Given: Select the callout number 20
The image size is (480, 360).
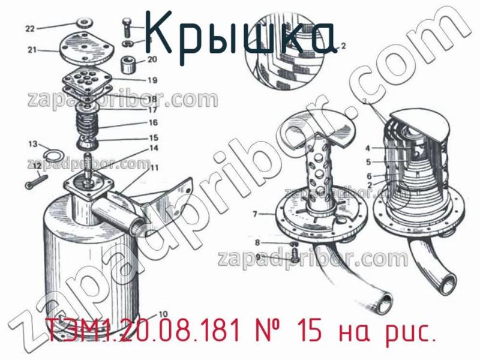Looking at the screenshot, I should pyautogui.click(x=152, y=59).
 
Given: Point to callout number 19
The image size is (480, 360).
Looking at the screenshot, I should pyautogui.click(x=152, y=80).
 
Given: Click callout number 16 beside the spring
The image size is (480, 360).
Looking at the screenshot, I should pyautogui.click(x=153, y=122).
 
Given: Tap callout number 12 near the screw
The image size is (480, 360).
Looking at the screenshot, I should pyautogui.click(x=37, y=165).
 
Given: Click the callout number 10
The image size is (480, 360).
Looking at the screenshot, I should pyautogui.click(x=163, y=313).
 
